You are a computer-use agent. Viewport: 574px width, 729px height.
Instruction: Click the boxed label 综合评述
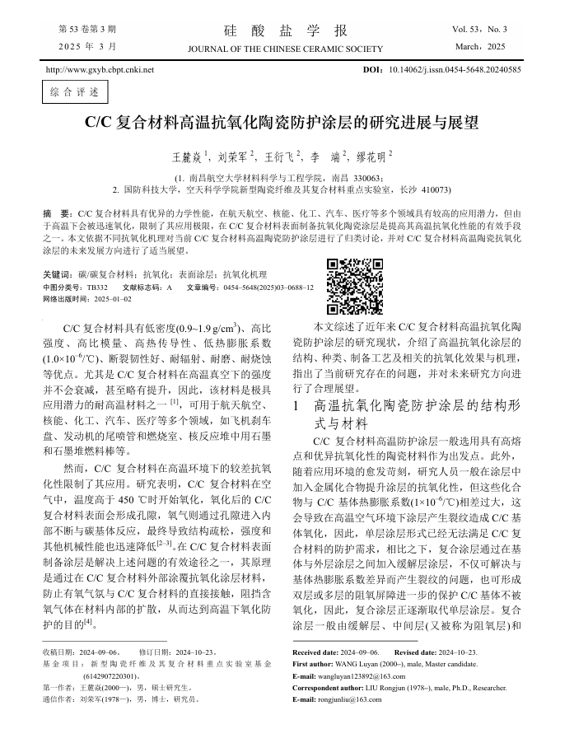coord(70,91)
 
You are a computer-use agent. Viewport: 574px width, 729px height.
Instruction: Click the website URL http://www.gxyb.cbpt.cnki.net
coord(100,70)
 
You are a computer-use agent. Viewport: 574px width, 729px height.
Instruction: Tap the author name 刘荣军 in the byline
coord(234,155)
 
